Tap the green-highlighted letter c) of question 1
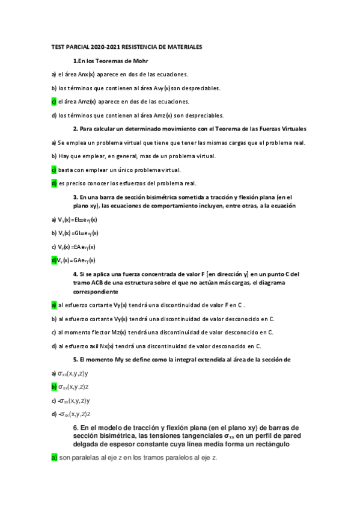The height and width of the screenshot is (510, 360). click(53, 101)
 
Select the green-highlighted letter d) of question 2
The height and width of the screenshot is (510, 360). click(53, 183)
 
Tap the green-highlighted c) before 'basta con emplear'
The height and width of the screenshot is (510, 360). click(53, 170)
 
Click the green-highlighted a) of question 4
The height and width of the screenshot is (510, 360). click(53, 305)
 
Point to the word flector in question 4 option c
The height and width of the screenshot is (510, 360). click(105, 332)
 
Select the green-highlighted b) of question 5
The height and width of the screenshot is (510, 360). click(53, 387)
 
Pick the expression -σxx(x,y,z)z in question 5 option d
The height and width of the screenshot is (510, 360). click(75, 414)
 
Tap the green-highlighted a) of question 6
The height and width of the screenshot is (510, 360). click(53, 458)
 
